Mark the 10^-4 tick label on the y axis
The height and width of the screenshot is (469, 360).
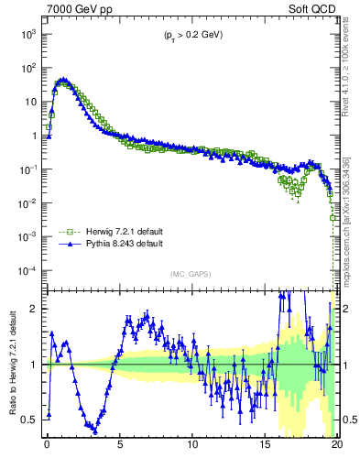(x=27, y=271)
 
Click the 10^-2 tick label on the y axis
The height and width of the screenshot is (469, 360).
(x=27, y=203)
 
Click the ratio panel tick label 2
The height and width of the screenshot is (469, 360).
(x=35, y=309)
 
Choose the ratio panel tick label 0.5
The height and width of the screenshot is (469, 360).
(x=30, y=420)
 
